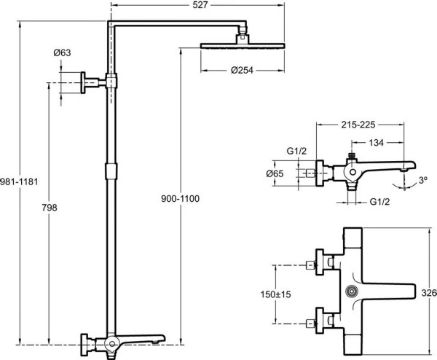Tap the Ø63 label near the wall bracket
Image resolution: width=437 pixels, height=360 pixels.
(x=62, y=52)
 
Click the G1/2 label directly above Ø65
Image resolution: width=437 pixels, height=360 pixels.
(x=295, y=152)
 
